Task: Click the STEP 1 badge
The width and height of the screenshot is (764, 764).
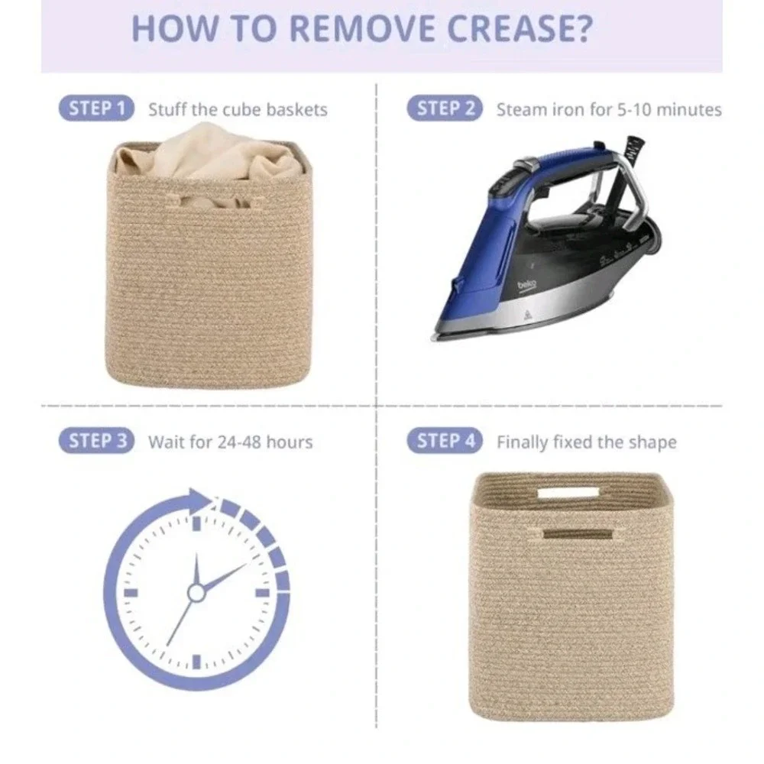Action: coord(96,108)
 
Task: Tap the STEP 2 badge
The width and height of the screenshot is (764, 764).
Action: coord(445,108)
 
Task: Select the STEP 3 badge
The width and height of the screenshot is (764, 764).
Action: coord(96,441)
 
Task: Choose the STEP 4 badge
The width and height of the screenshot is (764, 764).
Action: coord(445,441)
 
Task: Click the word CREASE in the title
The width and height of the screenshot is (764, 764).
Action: coord(520,29)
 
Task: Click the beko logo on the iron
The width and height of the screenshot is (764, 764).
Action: coord(526,285)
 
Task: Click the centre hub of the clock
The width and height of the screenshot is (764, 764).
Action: coord(196,593)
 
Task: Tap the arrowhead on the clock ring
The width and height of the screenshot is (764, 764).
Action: coord(200,501)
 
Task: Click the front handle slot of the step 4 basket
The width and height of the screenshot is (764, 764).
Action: coord(578,534)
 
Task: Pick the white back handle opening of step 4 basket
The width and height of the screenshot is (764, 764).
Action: coord(568,493)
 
